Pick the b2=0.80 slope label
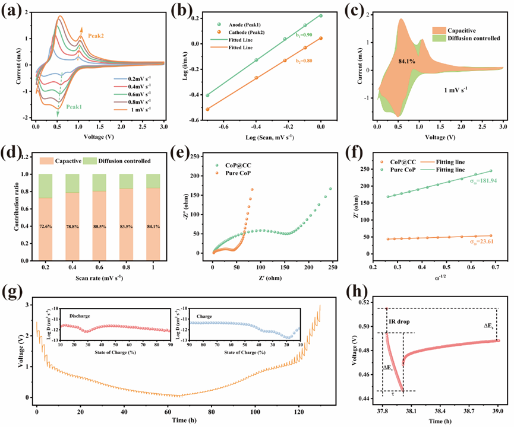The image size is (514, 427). coord(303,60)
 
